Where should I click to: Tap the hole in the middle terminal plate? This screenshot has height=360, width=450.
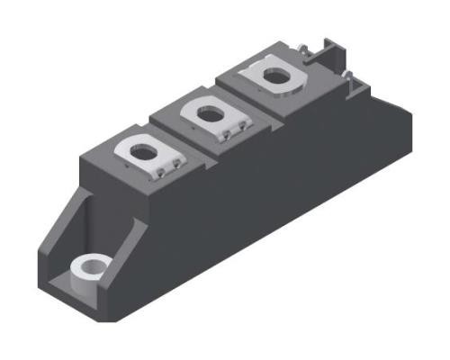[209, 114]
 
